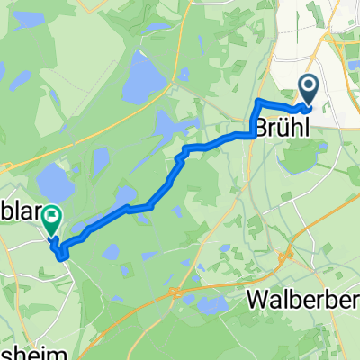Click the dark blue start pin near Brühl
tap(309, 91)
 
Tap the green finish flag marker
tap(52, 216)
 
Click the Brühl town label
tap(285, 128)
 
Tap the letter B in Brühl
tap(264, 128)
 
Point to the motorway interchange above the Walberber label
tap(287, 257)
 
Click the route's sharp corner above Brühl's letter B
tap(258, 99)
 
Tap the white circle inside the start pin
tap(309, 86)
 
